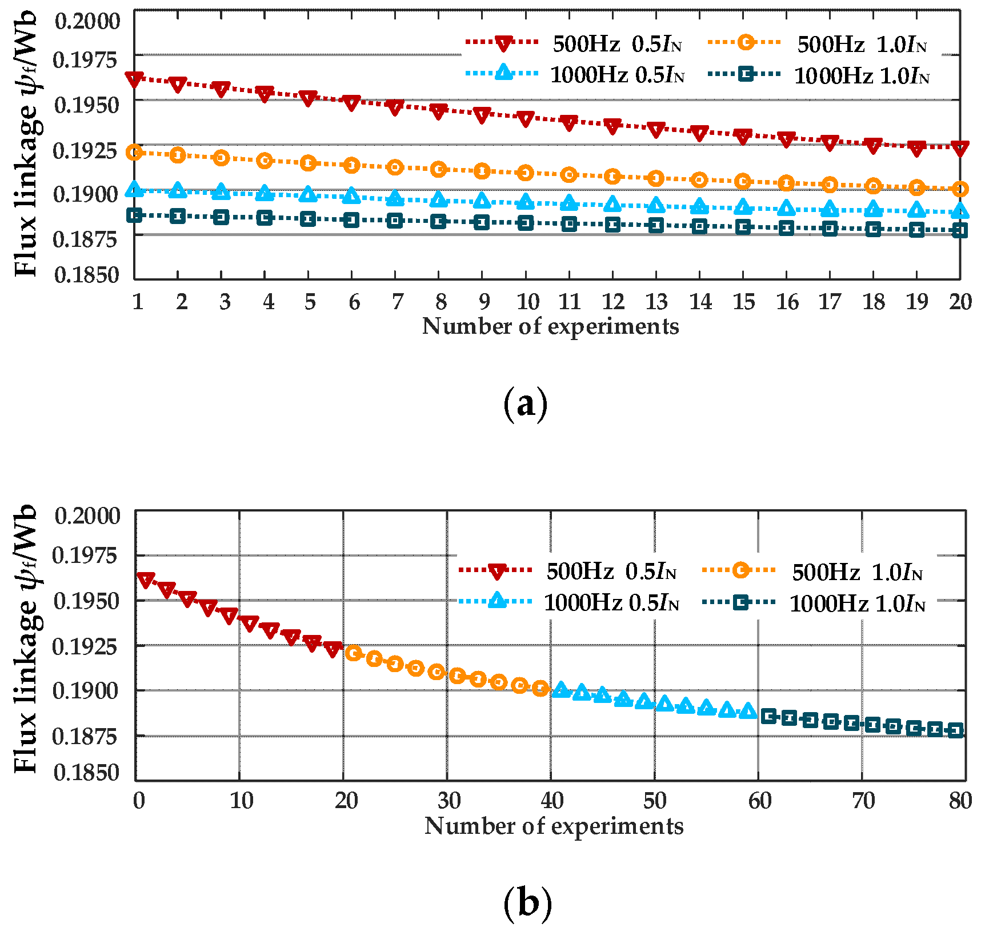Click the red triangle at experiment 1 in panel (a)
point(134,79)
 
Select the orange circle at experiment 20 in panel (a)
point(960,189)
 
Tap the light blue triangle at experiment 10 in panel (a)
point(526,202)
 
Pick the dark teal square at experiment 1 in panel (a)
point(134,215)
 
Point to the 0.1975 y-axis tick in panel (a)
point(86,59)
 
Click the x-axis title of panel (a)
point(550,326)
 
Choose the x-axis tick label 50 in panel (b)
point(655,801)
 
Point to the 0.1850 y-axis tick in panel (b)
point(86,773)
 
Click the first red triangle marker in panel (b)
point(146,580)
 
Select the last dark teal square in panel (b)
point(955,730)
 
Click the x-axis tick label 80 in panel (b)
point(960,801)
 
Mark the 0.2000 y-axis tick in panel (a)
point(87,21)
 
